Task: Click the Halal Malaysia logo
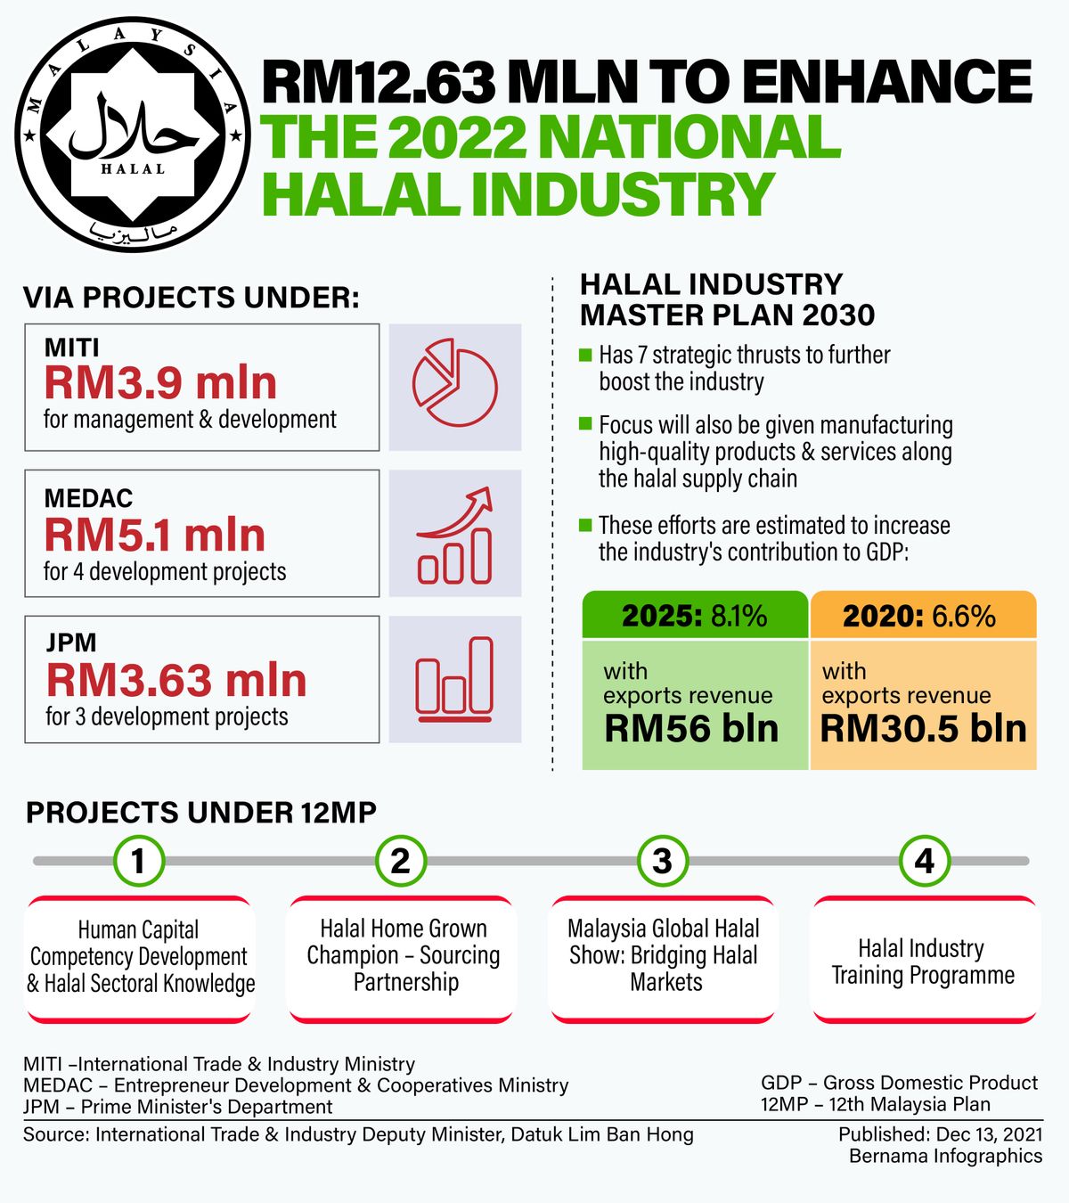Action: coord(132,135)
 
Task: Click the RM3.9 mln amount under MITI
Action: coord(161,383)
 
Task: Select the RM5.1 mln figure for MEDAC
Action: coord(155,536)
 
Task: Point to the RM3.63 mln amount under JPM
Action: coord(176,681)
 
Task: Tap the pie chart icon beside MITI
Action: coord(454,387)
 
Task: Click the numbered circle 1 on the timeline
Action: coord(138,861)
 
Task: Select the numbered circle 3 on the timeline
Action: coord(662,861)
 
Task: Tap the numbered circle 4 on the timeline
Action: coord(925,861)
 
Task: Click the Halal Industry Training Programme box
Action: coord(924,961)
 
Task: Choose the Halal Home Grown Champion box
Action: coord(404,956)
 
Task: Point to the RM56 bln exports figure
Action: coord(691,729)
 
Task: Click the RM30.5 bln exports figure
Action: coord(923,729)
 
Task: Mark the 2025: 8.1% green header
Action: coord(695,616)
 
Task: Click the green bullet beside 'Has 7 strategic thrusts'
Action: coord(585,355)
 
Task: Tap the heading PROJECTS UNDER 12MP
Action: coord(201,813)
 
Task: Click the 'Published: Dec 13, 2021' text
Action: coord(940,1134)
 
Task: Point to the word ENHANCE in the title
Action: coord(885,82)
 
